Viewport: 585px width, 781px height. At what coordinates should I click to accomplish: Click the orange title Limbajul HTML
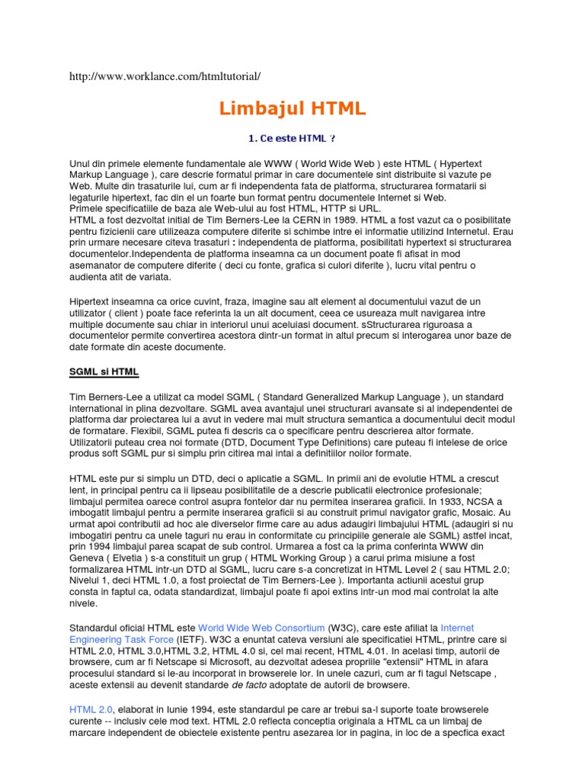[292, 109]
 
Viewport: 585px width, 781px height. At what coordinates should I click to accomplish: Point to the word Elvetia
[133, 560]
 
